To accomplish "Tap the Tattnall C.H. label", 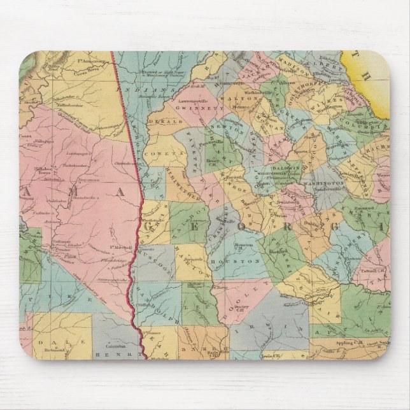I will click(363, 271).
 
